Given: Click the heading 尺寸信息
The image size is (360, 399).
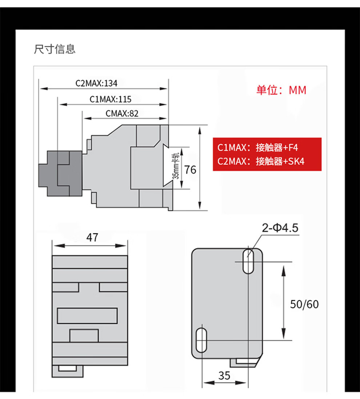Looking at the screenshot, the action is click(x=55, y=49).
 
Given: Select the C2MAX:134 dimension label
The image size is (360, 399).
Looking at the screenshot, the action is click(x=96, y=83).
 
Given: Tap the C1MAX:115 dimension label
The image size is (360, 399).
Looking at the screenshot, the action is click(x=110, y=99).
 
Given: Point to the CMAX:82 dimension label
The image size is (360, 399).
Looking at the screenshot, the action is click(x=122, y=113).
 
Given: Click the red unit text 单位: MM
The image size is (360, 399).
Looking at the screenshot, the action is click(x=281, y=90).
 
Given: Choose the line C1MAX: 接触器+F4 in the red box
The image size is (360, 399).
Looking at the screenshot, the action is click(x=257, y=147).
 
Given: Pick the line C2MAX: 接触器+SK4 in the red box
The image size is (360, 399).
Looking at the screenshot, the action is click(x=261, y=161).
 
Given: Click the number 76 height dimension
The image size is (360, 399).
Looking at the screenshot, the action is click(x=190, y=170).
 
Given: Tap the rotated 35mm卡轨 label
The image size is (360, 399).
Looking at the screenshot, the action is click(x=176, y=166).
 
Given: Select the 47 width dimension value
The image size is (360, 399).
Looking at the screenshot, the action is click(x=92, y=237).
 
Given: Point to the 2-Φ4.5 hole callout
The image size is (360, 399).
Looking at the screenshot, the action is click(x=280, y=228).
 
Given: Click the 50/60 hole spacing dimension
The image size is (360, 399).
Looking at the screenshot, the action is click(x=304, y=304).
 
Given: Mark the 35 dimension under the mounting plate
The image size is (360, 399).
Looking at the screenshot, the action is click(x=224, y=376).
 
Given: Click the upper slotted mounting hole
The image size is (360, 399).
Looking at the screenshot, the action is click(x=248, y=261).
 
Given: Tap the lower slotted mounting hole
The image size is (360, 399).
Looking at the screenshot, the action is click(x=201, y=340).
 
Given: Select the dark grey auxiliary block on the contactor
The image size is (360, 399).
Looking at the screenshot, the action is click(x=60, y=174).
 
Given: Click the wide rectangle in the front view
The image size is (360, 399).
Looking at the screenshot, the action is click(x=87, y=316).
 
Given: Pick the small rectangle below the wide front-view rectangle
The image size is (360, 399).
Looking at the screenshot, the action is click(x=84, y=336).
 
